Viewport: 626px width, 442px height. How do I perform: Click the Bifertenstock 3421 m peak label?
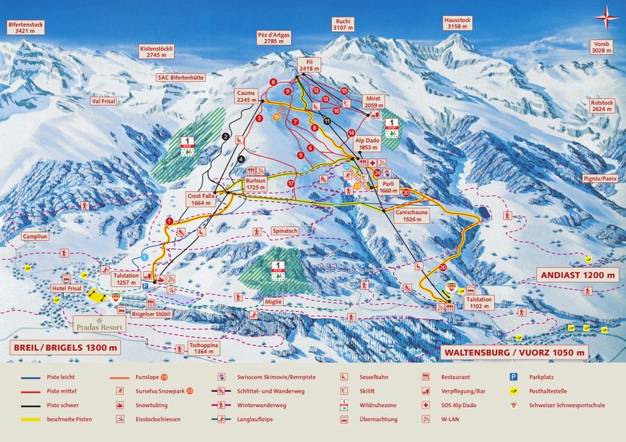[x=26, y=28]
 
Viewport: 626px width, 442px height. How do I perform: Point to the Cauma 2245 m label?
[x=246, y=96]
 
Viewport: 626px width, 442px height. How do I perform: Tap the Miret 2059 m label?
[x=373, y=102]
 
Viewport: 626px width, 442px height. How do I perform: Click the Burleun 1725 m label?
[x=255, y=184]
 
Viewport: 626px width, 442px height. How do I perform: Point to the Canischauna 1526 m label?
[x=411, y=214]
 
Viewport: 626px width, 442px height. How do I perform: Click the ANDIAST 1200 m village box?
[x=577, y=275]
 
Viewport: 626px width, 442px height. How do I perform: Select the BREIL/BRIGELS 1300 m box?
[x=65, y=347]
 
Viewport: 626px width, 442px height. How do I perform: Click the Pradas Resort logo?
[x=99, y=324]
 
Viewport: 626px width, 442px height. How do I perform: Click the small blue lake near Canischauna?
[x=480, y=212]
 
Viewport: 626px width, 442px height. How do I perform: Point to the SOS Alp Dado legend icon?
[x=425, y=406]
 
